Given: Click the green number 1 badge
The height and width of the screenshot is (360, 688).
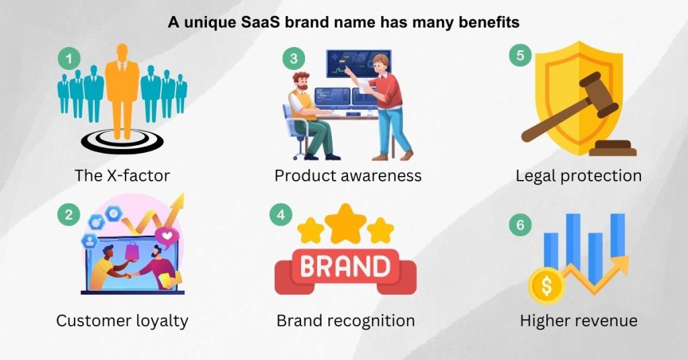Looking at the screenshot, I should (69, 58).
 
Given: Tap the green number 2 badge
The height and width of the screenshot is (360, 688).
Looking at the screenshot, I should (69, 216).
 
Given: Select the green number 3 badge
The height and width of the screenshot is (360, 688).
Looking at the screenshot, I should (293, 58).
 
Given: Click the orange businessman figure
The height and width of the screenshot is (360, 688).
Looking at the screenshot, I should (122, 87).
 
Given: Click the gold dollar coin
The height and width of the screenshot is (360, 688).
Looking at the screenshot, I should (546, 286).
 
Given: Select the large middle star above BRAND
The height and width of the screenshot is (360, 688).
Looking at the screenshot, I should (345, 222).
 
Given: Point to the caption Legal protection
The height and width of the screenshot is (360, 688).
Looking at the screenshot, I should (578, 176).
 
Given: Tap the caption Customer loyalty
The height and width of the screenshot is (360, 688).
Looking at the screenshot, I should (122, 320).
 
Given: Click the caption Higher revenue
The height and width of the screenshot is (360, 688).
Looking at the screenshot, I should (578, 320).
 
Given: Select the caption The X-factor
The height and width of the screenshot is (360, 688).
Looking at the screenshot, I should (122, 176).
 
